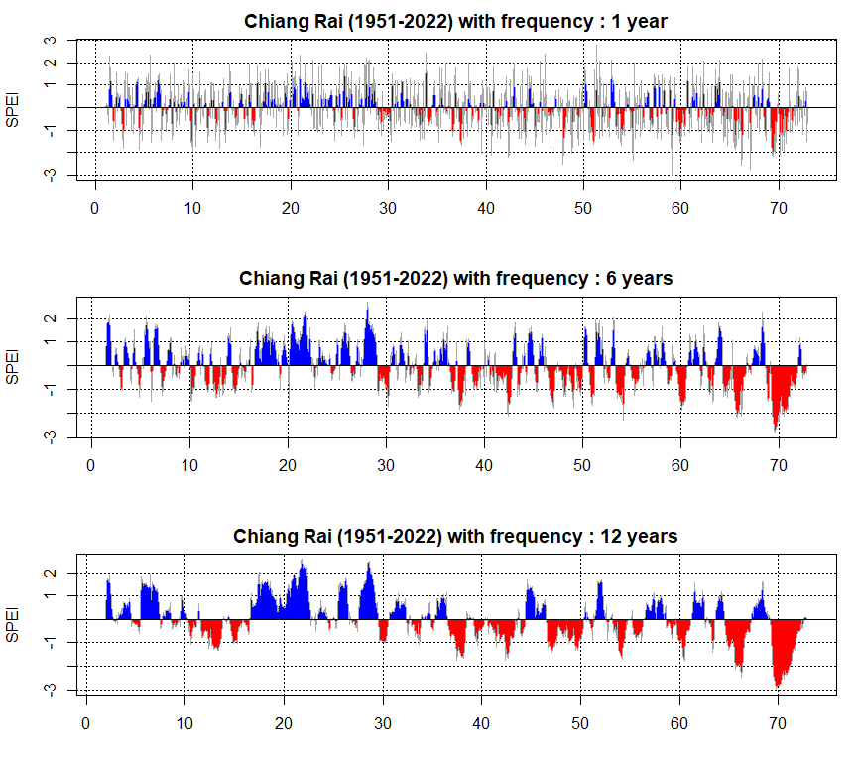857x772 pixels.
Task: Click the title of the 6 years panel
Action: coord(455,278)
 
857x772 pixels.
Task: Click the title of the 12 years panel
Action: coord(455,536)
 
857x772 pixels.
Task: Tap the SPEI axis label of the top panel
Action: coord(13,108)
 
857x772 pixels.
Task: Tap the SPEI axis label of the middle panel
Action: coord(13,366)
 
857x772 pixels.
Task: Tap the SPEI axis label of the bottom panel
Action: coord(13,623)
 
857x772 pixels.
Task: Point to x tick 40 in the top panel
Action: coord(486,210)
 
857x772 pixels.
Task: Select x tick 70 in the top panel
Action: coord(779,210)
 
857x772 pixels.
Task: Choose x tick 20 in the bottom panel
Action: coord(284,723)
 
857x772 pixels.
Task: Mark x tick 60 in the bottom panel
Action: coord(678,723)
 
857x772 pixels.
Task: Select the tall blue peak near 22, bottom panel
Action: coord(303,563)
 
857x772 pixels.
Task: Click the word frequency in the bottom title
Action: coord(536,537)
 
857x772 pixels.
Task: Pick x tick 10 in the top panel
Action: coord(192,210)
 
